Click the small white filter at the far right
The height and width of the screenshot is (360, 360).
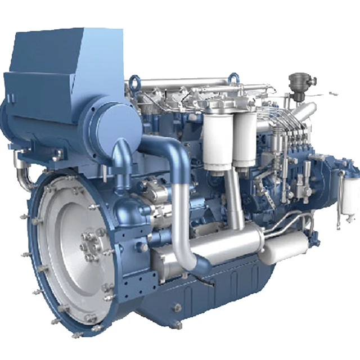pos(348,194)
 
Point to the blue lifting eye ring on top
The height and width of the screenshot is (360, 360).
pos(135,81)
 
